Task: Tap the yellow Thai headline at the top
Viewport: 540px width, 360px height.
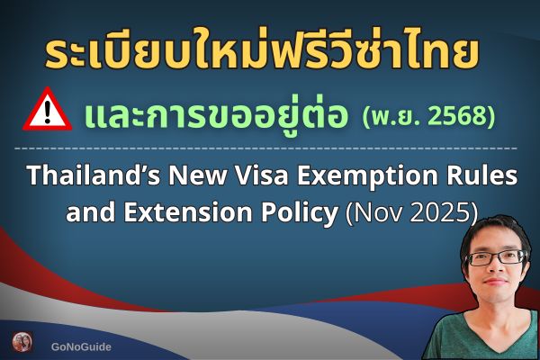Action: coord(262,51)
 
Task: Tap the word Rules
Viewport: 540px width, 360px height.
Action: coord(483,175)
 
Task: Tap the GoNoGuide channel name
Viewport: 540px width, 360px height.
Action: coord(81,345)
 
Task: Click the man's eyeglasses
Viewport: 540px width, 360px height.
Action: coord(497,257)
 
